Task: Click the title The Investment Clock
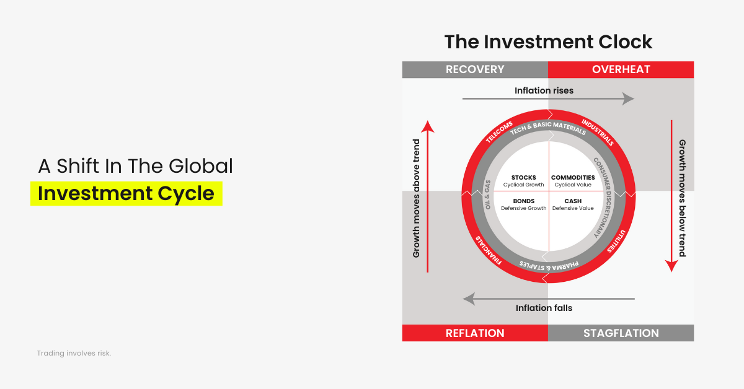[x=548, y=42]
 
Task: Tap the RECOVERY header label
[x=475, y=69]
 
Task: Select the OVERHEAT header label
[x=621, y=69]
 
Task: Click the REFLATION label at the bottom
[x=475, y=333]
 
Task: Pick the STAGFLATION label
[x=621, y=333]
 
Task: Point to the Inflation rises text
[x=544, y=90]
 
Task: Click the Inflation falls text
[x=544, y=308]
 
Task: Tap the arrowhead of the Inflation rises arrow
[x=629, y=99]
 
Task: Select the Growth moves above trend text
[x=416, y=199]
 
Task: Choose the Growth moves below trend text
[x=682, y=198]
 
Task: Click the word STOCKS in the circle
[x=523, y=178]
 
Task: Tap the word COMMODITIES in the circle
[x=573, y=178]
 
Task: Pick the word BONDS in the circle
[x=523, y=201]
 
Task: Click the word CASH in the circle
[x=573, y=201]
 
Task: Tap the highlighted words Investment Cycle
[x=126, y=193]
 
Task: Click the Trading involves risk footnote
[x=74, y=353]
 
